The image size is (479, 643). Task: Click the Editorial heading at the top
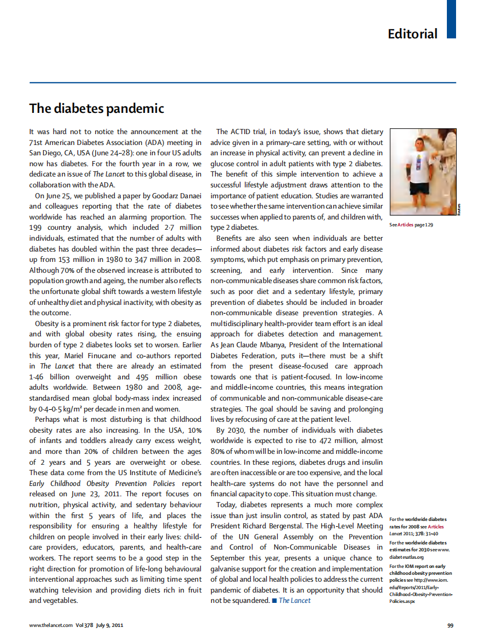point(412,34)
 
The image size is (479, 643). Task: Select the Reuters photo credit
point(459,210)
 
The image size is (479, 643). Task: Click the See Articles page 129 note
point(411,225)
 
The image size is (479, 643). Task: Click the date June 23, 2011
point(93,493)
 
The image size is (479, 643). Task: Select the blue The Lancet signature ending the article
point(295,600)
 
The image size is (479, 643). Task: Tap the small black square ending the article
point(274,600)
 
